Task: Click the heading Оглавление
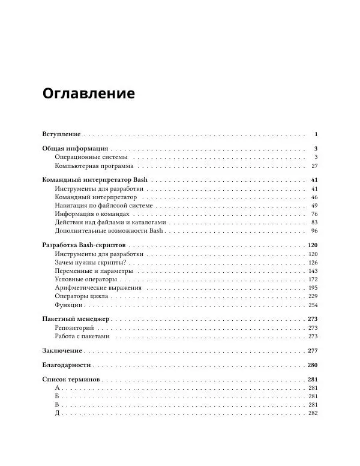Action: (x=88, y=94)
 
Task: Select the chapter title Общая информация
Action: (x=75, y=148)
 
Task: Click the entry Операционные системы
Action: (x=91, y=157)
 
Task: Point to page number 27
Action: (x=314, y=166)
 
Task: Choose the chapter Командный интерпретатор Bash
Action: (x=95, y=181)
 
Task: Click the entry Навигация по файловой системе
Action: (x=104, y=205)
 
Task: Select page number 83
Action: (x=314, y=222)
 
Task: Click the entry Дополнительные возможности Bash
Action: (x=109, y=230)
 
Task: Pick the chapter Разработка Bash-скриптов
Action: (x=84, y=246)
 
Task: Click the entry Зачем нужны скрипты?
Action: (x=90, y=263)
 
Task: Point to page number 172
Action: (x=312, y=279)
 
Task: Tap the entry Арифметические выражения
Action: (x=98, y=288)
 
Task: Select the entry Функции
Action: (x=68, y=305)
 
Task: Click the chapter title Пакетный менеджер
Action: (x=76, y=320)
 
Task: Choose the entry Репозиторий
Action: (x=74, y=328)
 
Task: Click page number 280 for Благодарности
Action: (x=312, y=365)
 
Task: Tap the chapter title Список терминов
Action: (x=71, y=380)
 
